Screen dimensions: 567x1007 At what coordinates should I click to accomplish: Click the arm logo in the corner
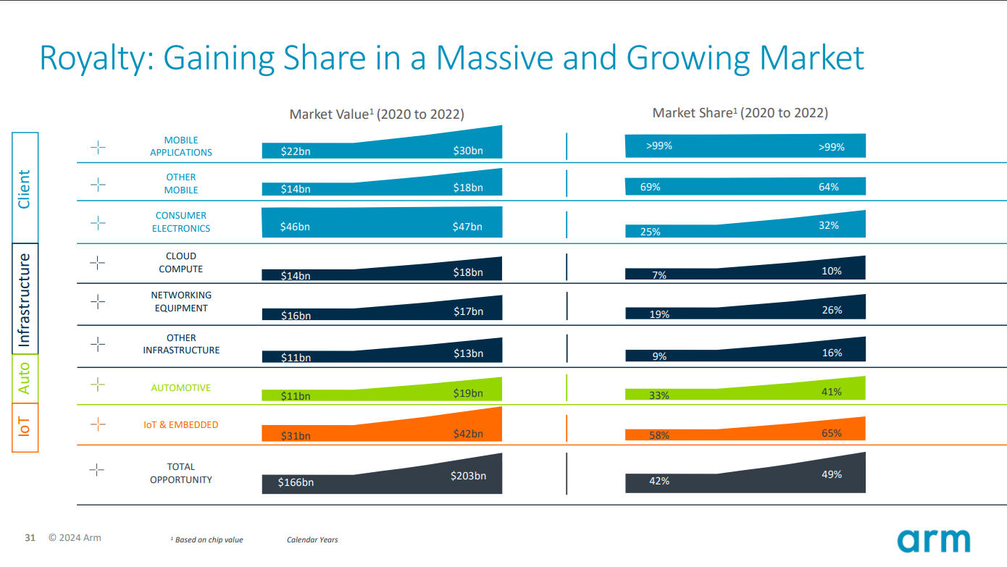coord(933,540)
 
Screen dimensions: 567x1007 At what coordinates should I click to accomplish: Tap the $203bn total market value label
coord(467,476)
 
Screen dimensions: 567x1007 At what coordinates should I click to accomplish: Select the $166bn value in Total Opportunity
coord(296,482)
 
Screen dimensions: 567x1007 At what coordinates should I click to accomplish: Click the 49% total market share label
coord(832,474)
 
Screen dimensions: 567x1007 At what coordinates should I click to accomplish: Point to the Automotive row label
coord(180,388)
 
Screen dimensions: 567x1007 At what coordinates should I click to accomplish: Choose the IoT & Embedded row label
coord(180,425)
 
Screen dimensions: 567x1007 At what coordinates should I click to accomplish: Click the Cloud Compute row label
coord(180,263)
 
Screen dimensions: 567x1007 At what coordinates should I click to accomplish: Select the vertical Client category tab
coord(25,188)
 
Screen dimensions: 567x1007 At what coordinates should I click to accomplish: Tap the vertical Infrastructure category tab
coord(25,298)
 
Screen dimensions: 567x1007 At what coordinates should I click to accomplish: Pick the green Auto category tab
coord(25,378)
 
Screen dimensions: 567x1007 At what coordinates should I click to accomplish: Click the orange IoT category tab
coord(25,427)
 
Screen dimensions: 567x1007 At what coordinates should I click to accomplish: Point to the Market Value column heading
coord(377,114)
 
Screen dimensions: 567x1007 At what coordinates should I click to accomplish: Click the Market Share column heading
coord(740,113)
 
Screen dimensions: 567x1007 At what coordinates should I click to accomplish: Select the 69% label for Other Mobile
coord(650,187)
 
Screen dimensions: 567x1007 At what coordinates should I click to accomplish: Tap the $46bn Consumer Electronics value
coord(295,227)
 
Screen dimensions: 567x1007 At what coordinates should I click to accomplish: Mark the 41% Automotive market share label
coord(832,392)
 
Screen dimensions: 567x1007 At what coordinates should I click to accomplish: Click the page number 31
coord(30,538)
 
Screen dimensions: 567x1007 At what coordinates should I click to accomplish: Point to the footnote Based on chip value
coord(208,540)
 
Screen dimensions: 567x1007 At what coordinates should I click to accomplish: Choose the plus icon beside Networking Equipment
coord(98,302)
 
